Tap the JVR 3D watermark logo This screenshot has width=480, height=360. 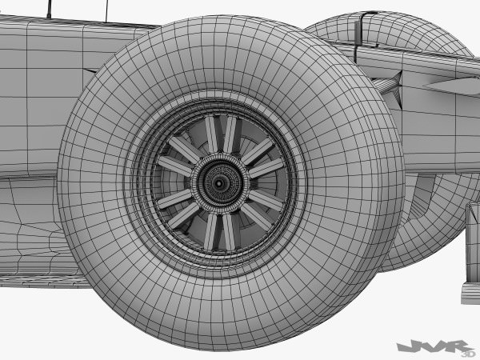point(433,346)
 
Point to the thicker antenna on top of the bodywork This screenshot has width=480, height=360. point(50,8)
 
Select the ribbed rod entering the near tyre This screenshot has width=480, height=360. point(385,85)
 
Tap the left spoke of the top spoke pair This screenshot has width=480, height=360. point(210,134)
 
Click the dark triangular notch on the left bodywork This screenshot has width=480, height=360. point(90,70)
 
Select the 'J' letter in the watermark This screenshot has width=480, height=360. point(405,346)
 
